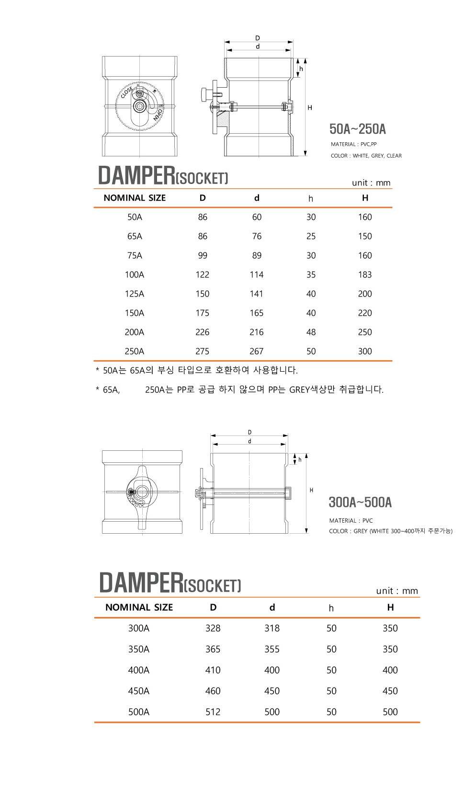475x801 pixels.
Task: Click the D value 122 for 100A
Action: click(203, 275)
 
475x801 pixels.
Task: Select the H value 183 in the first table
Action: click(365, 275)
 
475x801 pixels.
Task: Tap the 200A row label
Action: click(135, 332)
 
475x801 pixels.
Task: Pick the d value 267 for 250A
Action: click(257, 351)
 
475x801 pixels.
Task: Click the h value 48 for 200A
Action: click(311, 332)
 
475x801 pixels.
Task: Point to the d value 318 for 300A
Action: click(272, 628)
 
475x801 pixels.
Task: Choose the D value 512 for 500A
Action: click(213, 712)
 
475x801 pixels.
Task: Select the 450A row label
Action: click(139, 691)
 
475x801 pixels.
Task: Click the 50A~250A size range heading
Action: click(358, 129)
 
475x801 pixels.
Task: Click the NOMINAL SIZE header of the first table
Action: click(135, 198)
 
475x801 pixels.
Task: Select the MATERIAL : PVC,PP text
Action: click(354, 144)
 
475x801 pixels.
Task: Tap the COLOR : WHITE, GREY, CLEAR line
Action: click(366, 156)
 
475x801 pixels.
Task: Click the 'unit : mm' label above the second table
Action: click(397, 591)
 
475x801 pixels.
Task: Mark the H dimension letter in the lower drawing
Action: click(312, 490)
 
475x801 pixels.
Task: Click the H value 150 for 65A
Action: click(365, 236)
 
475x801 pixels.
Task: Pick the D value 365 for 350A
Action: click(213, 649)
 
